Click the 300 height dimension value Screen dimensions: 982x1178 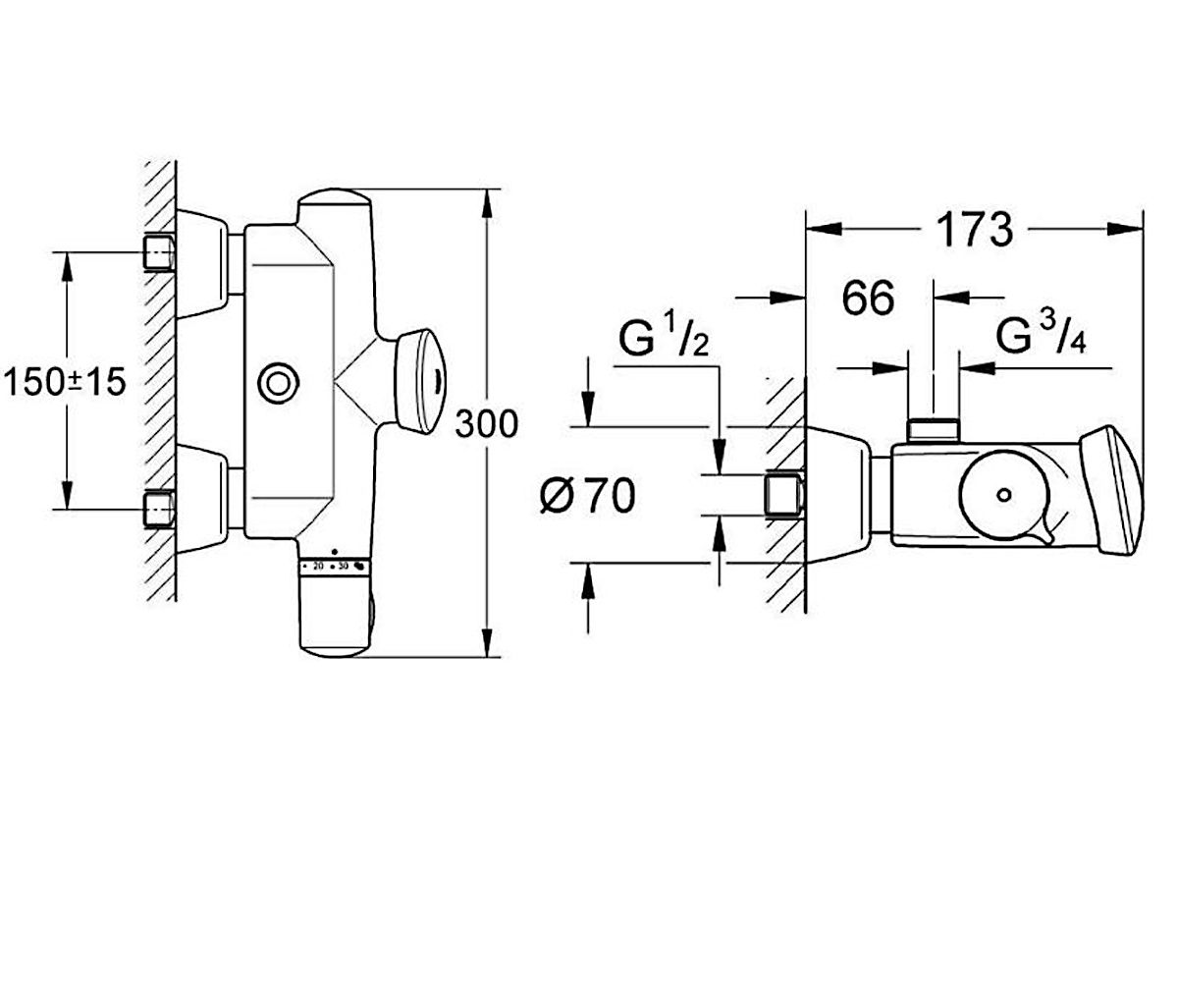486,424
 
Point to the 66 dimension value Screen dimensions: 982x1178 868,299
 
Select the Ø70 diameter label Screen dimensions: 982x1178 587,497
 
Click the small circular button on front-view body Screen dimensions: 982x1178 278,380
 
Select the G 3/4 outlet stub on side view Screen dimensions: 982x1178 933,429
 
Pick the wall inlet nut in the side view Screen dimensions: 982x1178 782,494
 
